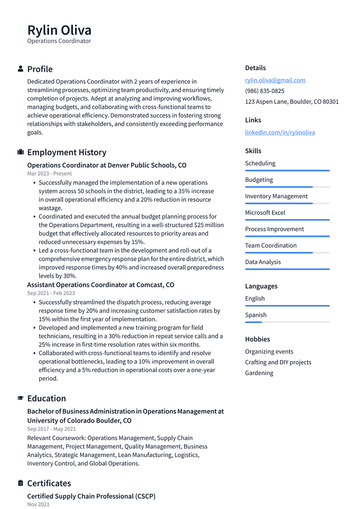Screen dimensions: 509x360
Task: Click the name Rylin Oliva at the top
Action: pos(59,30)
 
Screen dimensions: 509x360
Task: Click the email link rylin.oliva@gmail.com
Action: pos(275,80)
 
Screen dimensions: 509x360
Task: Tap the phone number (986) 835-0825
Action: pos(265,91)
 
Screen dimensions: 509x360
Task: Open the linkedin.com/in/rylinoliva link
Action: pos(279,132)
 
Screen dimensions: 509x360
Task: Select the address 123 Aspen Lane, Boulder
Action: pos(291,102)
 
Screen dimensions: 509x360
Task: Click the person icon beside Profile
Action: pos(20,69)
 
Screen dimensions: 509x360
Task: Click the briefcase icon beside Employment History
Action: pos(20,152)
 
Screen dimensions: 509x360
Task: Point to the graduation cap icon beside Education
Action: pos(20,398)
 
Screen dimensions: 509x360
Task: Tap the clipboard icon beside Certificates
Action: pos(20,483)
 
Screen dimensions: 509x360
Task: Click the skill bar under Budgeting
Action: pos(287,187)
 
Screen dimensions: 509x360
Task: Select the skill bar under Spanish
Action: pos(287,322)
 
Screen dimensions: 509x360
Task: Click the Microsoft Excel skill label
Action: pos(265,212)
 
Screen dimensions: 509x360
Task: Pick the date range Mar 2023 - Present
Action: pos(49,174)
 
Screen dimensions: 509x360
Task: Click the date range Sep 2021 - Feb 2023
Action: pos(51,293)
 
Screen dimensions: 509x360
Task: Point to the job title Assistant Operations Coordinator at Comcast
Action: pos(100,285)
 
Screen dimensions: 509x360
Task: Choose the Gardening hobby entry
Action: pos(259,373)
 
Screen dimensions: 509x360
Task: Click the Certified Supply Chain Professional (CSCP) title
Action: pos(91,496)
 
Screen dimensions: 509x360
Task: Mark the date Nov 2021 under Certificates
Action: pos(38,505)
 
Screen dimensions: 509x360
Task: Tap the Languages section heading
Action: pos(261,286)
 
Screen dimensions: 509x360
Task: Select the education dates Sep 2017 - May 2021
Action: pos(51,429)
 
